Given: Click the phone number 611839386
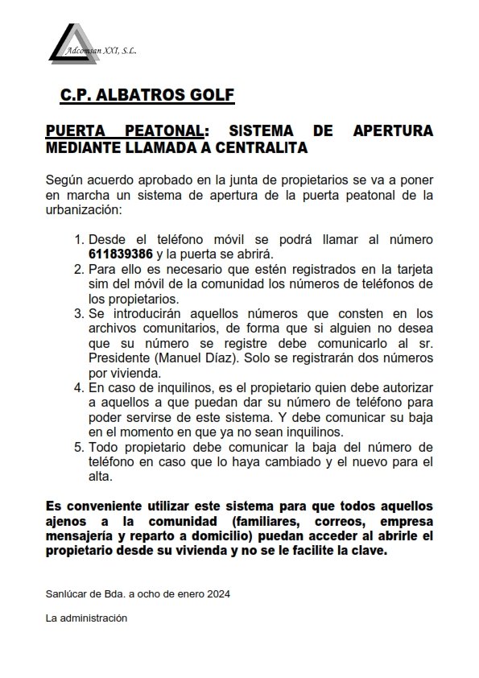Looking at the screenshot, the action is tap(121, 253).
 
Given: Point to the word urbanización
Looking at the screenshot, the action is tap(84, 209).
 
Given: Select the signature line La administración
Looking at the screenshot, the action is tap(88, 618).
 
